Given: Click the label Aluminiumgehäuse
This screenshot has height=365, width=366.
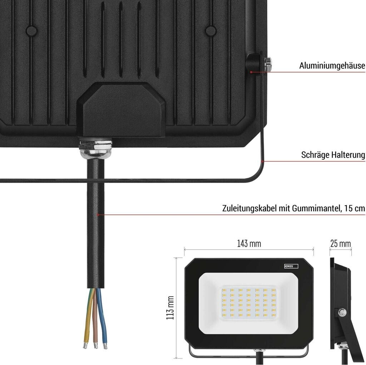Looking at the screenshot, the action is pyautogui.click(x=332, y=66).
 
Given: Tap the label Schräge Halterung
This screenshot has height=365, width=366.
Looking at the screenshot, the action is pyautogui.click(x=333, y=155).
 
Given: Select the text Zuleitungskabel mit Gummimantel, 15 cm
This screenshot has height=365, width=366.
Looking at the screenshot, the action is pyautogui.click(x=293, y=208).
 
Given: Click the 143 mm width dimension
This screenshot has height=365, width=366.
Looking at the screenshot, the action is pyautogui.click(x=249, y=244).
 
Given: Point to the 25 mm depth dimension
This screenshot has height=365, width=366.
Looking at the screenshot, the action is pyautogui.click(x=340, y=244).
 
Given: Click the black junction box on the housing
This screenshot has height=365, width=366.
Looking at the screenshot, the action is pyautogui.click(x=121, y=109).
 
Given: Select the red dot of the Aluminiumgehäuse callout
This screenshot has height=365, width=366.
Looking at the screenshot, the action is pyautogui.click(x=252, y=72).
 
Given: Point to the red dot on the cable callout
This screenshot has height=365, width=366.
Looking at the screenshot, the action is pyautogui.click(x=98, y=215).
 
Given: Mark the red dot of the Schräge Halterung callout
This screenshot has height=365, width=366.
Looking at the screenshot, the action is pyautogui.click(x=264, y=161).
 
